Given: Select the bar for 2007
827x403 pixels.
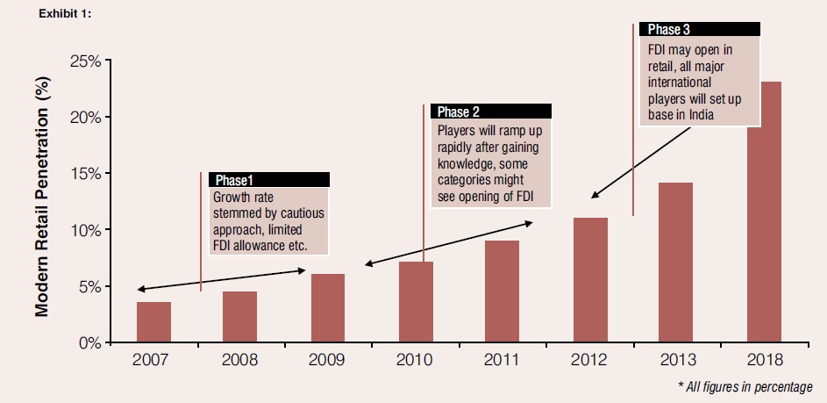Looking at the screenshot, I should [x=153, y=322].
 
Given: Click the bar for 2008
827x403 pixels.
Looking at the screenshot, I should [x=240, y=317].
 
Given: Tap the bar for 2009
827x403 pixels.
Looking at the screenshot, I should [x=328, y=308].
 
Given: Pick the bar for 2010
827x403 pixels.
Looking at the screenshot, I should [x=416, y=302].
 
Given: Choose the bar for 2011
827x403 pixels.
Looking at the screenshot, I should [x=503, y=291].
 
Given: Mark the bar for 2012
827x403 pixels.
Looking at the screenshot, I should [x=590, y=280].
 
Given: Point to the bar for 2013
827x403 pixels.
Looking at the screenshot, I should [x=677, y=263].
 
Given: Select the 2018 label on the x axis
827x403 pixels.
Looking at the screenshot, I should [x=764, y=361].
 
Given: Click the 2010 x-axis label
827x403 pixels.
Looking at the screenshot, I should [x=416, y=361].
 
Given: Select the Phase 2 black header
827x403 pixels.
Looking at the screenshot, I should [x=491, y=112].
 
